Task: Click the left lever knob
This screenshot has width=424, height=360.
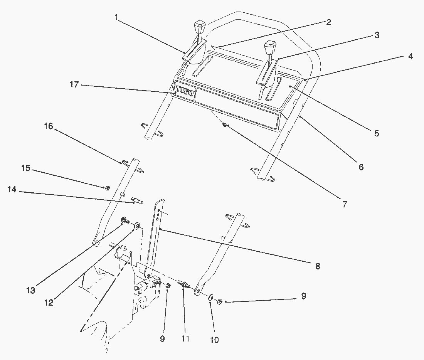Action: pos(199,28)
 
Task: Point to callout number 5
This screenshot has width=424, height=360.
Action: pos(376,134)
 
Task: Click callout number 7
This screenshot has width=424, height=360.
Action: pos(344,204)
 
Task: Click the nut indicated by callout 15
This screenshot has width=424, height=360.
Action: pos(108,188)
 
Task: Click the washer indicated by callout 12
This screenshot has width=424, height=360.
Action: pos(137,225)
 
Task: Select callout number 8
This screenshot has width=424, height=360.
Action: pos(317,266)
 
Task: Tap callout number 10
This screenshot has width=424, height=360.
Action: pos(214,340)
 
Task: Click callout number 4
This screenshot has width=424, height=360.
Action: pos(411,57)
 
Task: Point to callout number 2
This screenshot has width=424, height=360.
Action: pos(328,22)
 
